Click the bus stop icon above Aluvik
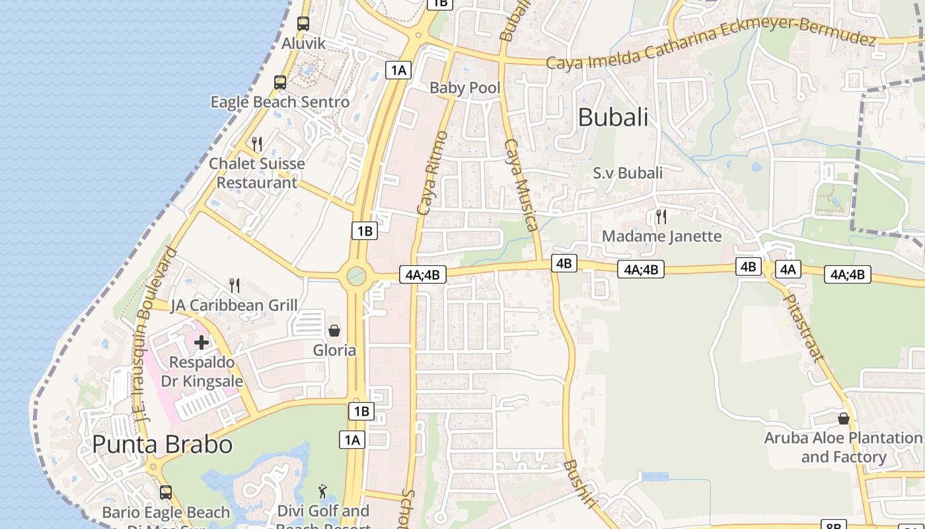[x=303, y=24]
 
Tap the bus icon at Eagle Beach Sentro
[x=279, y=83]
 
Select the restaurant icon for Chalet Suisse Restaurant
[x=257, y=143]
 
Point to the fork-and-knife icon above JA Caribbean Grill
[x=235, y=286]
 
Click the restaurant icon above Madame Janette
[x=661, y=216]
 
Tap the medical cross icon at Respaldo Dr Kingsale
[x=202, y=342]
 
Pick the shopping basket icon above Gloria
[x=334, y=331]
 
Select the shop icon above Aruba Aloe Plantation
[x=843, y=419]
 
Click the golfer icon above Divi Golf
[x=322, y=491]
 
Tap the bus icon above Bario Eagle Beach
[x=166, y=493]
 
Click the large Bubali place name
[x=613, y=118]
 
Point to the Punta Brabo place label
[x=162, y=444]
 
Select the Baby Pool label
[x=464, y=88]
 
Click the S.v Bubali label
[x=628, y=173]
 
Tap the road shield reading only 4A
[x=788, y=269]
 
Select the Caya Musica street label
[x=521, y=185]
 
